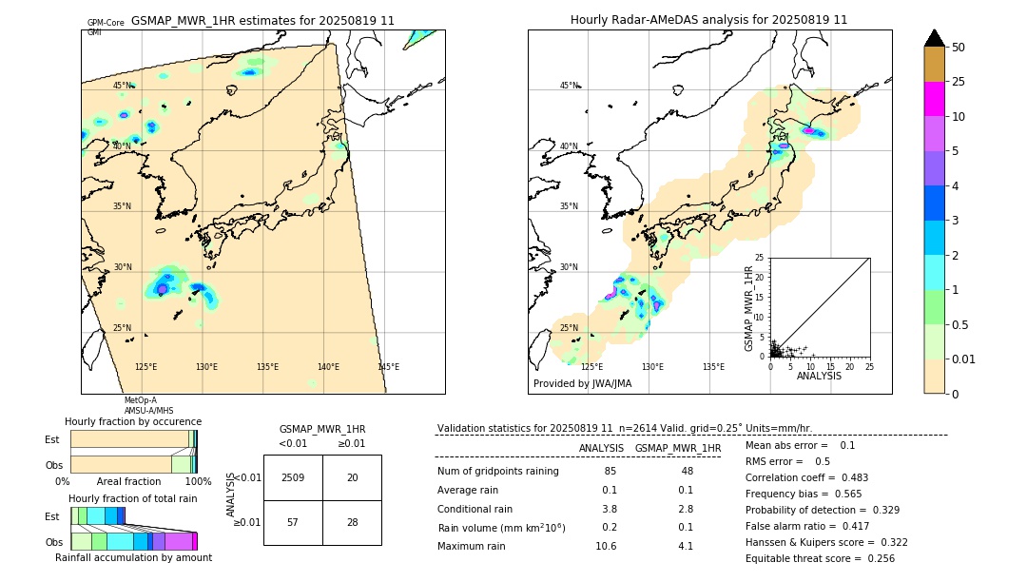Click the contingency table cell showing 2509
(293, 477)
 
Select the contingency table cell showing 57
(293, 522)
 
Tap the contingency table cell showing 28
(352, 522)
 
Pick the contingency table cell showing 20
(352, 477)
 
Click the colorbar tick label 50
(959, 48)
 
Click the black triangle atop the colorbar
(934, 38)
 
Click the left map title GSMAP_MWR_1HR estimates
(262, 20)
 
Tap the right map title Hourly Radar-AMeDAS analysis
(708, 20)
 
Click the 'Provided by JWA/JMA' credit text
(582, 384)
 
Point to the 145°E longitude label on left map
(388, 367)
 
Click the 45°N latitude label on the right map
(569, 86)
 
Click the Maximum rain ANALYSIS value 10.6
(606, 546)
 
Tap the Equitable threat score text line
(820, 558)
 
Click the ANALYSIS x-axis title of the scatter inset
(818, 376)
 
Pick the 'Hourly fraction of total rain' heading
(132, 498)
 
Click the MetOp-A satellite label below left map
(140, 400)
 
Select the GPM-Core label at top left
(106, 23)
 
